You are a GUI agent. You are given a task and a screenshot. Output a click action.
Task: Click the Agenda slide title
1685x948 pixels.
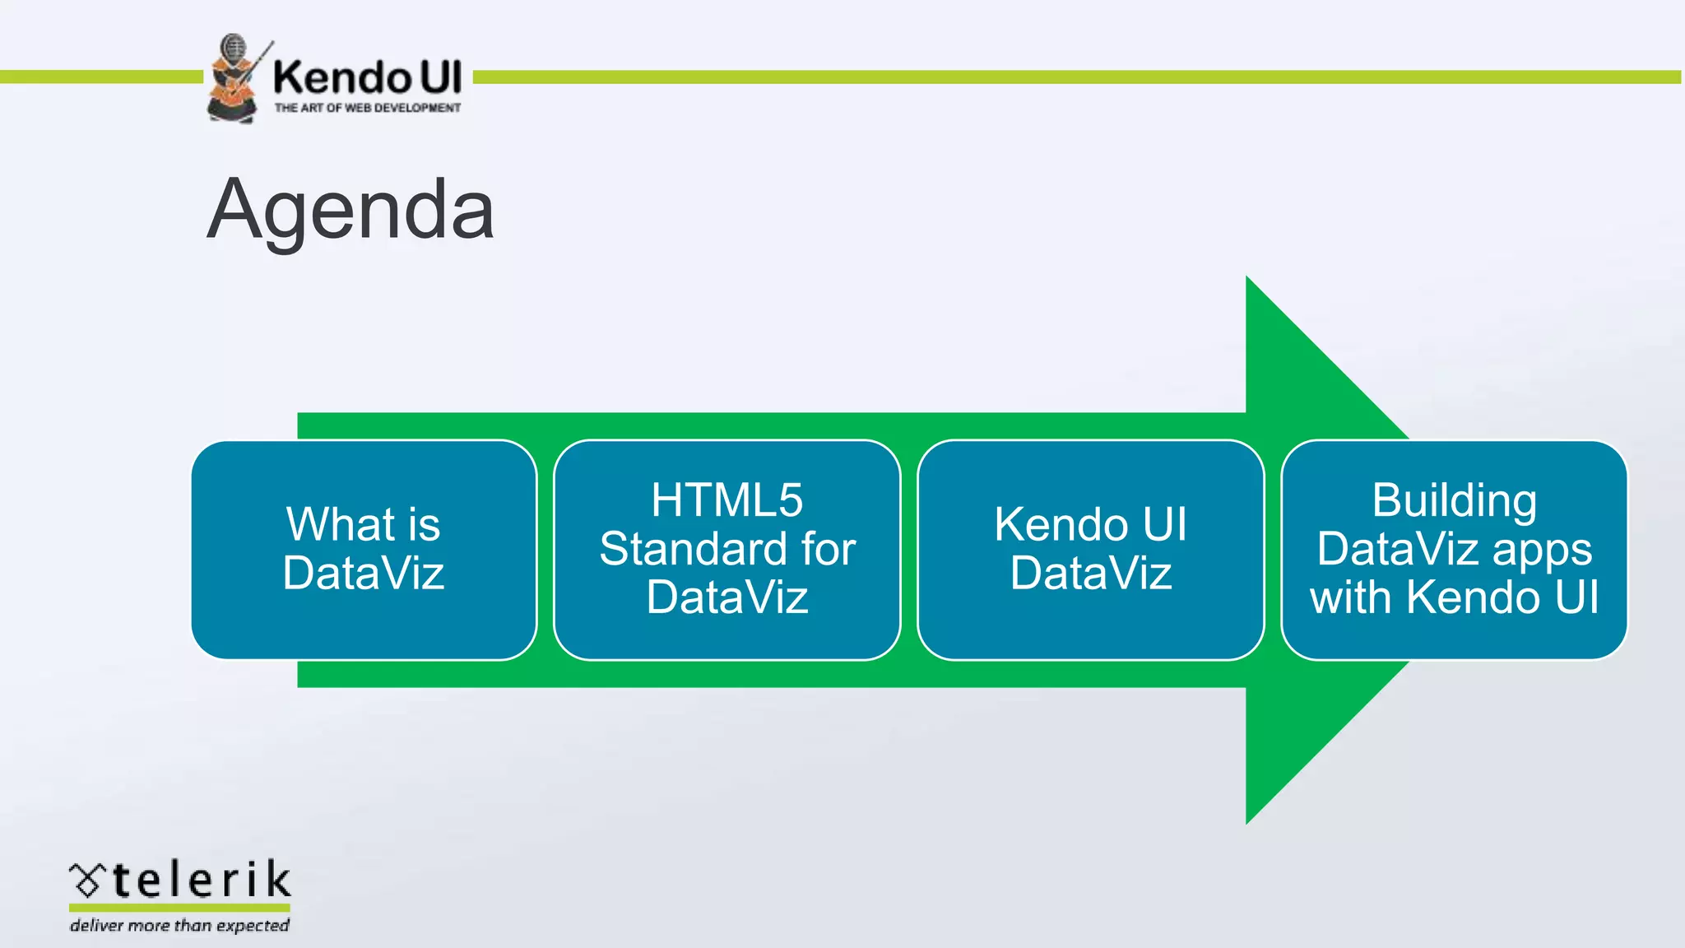point(350,211)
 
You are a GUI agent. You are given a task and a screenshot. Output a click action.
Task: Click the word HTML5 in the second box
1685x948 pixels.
point(727,500)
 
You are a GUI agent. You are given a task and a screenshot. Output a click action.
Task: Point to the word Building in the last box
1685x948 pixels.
point(1454,500)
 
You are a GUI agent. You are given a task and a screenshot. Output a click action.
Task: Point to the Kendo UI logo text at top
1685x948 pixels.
point(367,77)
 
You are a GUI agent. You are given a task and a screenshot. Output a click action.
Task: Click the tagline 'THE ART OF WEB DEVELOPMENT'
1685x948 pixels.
point(367,108)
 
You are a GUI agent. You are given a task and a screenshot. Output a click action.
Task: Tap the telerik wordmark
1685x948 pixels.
point(202,880)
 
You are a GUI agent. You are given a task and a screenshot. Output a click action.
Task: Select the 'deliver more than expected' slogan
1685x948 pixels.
point(179,926)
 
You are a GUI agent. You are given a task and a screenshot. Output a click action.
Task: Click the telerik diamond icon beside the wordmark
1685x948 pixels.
point(86,880)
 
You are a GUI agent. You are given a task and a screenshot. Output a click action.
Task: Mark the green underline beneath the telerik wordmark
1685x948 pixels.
point(179,908)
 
